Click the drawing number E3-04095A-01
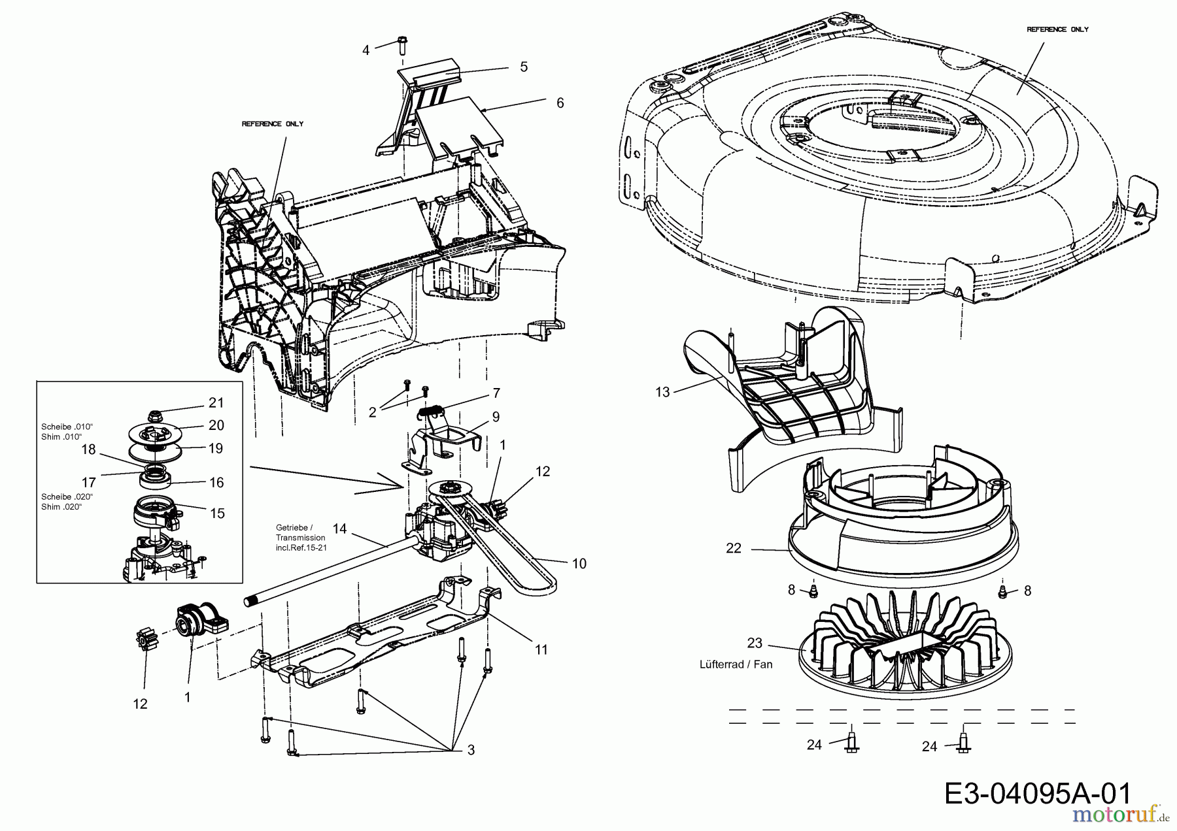coord(1037,794)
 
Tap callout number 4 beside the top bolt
coord(366,50)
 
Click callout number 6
coord(560,103)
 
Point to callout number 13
coord(662,393)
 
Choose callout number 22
coord(734,549)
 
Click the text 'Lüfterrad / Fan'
coord(736,664)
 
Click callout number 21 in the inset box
coord(216,402)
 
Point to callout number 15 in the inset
coord(217,513)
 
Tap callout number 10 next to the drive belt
coord(579,563)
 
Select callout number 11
coord(541,650)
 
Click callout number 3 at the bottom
coord(471,751)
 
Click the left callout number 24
coord(813,745)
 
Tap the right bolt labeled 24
coord(963,742)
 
